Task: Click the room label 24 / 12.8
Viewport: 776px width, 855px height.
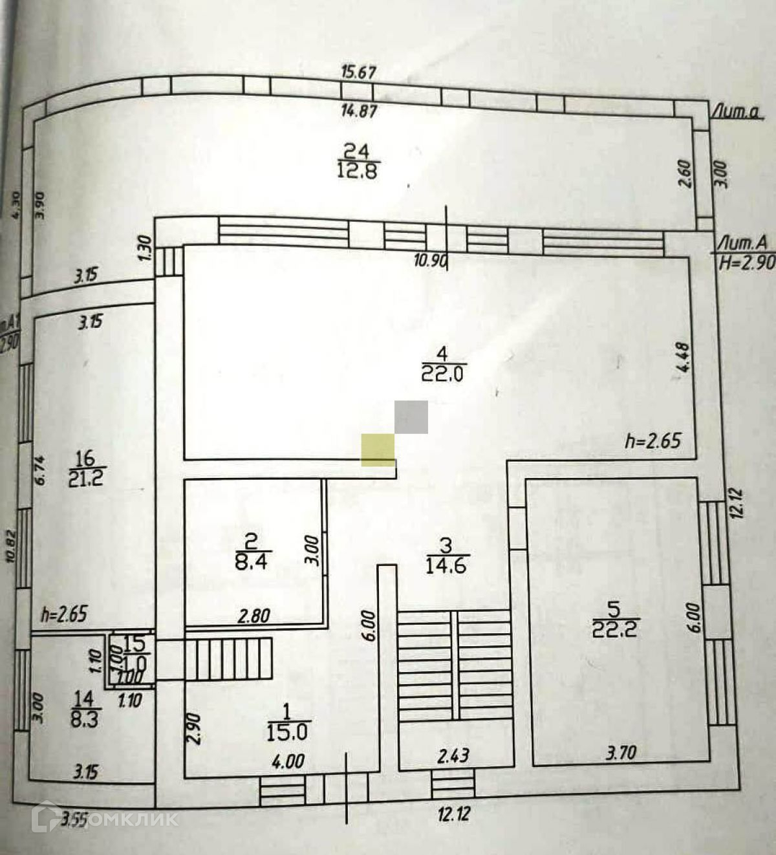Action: tap(357, 161)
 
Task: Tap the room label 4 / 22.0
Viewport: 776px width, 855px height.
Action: tap(443, 363)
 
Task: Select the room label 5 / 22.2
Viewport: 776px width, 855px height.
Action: tap(614, 619)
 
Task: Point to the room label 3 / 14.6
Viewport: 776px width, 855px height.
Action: tap(446, 556)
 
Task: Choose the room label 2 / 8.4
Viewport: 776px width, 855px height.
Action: tap(250, 551)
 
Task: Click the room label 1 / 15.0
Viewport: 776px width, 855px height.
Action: tap(287, 722)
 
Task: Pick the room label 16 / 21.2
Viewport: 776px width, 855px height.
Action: tap(85, 469)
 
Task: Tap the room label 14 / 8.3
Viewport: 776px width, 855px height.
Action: tap(84, 709)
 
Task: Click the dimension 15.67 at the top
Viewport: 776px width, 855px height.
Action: tap(358, 71)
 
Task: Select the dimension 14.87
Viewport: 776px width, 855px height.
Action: tap(358, 111)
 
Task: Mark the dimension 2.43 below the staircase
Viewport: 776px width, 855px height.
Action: tap(453, 755)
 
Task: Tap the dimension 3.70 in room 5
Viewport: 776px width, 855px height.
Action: tap(620, 753)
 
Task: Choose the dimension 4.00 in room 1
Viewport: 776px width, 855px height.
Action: tap(288, 761)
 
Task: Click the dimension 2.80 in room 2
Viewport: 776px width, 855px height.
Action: tap(253, 616)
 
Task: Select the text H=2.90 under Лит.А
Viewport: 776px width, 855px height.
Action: tap(747, 263)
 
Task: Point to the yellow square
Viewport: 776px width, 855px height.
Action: tap(378, 449)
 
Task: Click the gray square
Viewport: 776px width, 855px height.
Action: tap(411, 417)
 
